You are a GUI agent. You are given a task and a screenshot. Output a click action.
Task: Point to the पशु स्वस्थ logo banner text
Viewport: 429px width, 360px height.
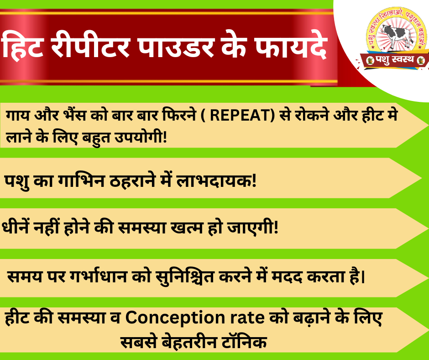click(x=394, y=59)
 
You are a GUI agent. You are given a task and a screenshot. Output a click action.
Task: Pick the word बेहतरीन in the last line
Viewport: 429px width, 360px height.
click(x=189, y=341)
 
